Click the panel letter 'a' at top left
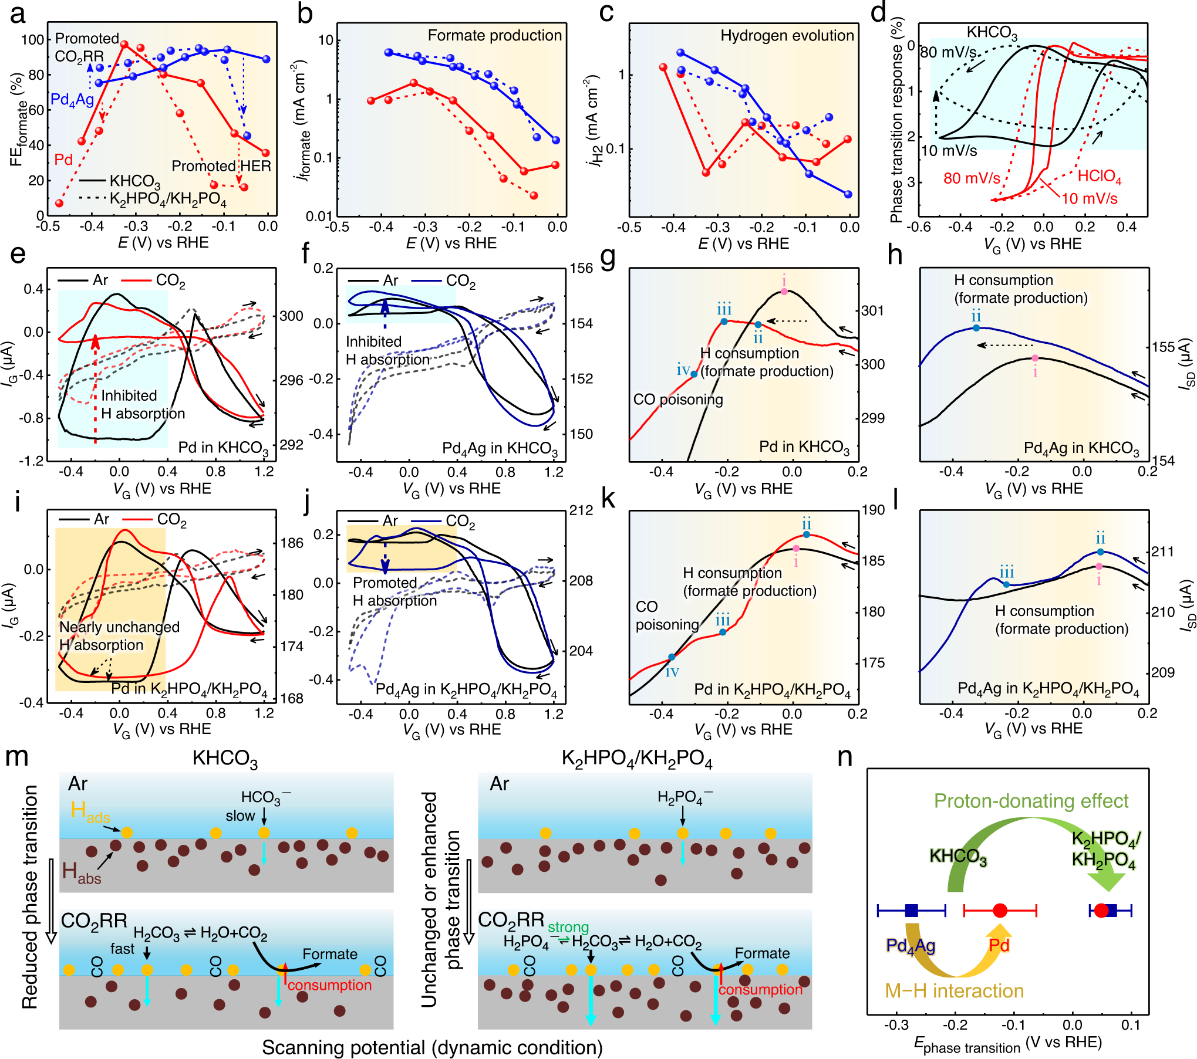(18, 13)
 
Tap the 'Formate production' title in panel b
(494, 35)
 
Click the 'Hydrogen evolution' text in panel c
(787, 35)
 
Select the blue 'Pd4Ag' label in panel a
(72, 100)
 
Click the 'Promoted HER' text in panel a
(221, 165)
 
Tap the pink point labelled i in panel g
(784, 291)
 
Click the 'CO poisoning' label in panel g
(678, 400)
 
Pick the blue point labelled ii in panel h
(976, 328)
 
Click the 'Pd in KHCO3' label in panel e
(223, 448)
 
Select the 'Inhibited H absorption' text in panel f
(387, 350)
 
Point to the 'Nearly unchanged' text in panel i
(119, 627)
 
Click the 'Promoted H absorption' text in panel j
(394, 591)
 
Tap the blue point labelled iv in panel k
(672, 657)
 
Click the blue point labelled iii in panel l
(1006, 584)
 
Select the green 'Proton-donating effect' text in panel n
(1031, 801)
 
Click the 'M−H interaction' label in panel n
(954, 991)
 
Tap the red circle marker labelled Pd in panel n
(1000, 911)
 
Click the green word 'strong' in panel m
(568, 927)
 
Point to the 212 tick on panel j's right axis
(581, 510)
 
